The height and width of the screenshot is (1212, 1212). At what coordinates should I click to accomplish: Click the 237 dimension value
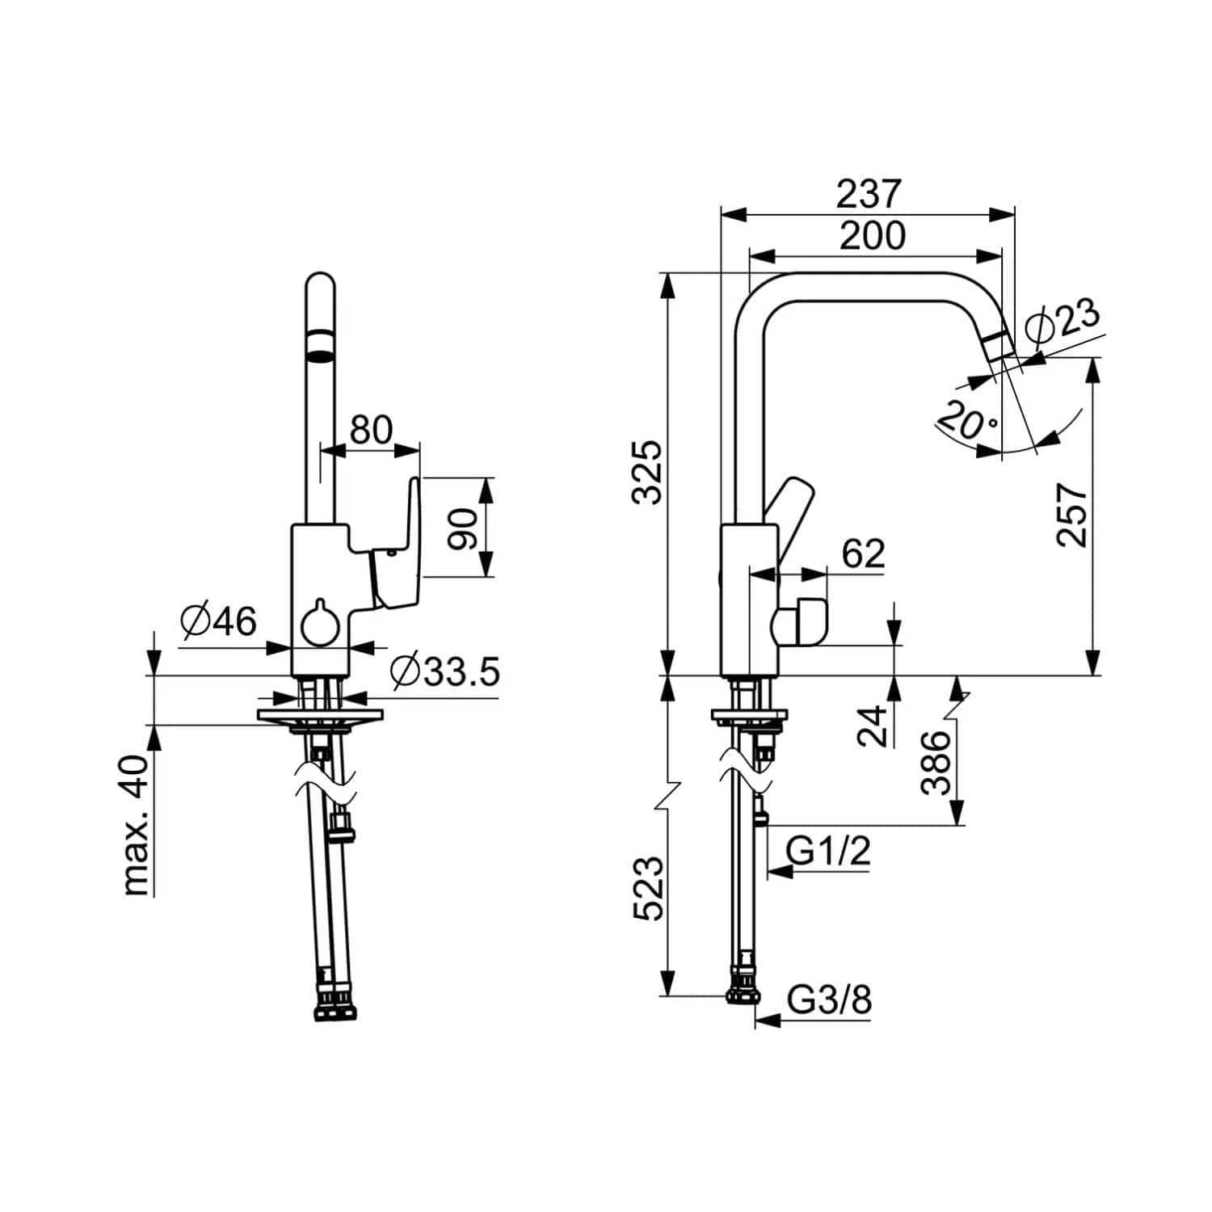[868, 194]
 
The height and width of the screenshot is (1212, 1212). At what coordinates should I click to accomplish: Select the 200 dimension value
[873, 236]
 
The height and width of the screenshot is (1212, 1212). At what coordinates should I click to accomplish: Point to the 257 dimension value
[1073, 516]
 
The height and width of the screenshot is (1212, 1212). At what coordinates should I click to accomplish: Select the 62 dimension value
[864, 553]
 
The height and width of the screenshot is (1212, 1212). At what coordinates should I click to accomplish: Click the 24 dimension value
[871, 726]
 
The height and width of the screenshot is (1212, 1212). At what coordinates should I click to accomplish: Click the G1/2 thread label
[829, 851]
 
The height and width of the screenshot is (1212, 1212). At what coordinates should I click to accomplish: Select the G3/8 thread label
[830, 1000]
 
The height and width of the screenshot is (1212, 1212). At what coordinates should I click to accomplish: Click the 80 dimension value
[371, 430]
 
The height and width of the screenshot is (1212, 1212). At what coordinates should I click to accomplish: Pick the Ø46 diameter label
[218, 621]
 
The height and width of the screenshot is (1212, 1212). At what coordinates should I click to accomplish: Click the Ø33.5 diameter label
[445, 671]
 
